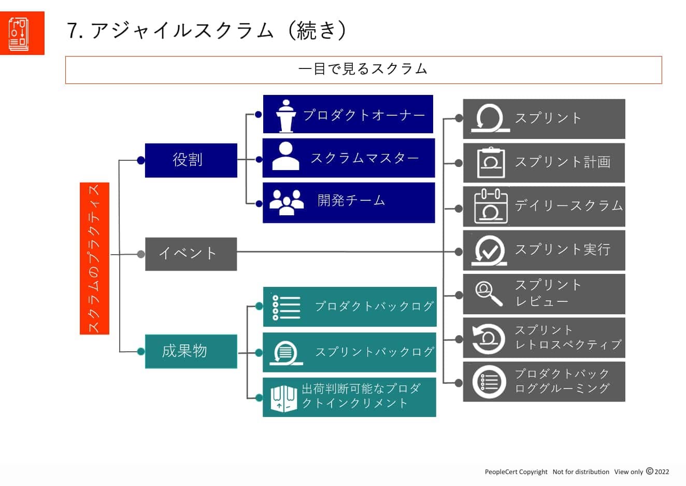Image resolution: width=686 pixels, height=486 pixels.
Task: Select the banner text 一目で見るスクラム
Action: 363,69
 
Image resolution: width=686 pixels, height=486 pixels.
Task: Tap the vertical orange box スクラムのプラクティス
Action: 94,258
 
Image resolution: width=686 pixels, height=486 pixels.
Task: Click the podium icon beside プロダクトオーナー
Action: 285,115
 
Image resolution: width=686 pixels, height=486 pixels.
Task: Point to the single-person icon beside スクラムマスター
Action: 285,157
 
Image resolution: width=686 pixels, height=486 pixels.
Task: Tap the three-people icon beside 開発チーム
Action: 287,202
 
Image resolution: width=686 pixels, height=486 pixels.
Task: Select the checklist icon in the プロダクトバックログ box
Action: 286,307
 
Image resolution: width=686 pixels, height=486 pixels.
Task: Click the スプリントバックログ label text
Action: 375,352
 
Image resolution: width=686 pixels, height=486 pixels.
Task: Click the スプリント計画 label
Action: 562,162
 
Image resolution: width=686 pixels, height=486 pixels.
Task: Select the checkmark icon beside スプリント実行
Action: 489,251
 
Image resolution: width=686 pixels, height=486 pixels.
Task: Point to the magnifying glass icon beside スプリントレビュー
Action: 489,294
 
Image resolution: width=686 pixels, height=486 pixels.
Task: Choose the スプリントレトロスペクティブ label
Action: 567,337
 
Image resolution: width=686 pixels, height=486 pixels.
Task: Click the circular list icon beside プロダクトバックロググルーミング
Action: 489,382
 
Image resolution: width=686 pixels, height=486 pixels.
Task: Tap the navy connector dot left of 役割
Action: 141,160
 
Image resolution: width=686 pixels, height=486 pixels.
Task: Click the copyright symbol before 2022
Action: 649,471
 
